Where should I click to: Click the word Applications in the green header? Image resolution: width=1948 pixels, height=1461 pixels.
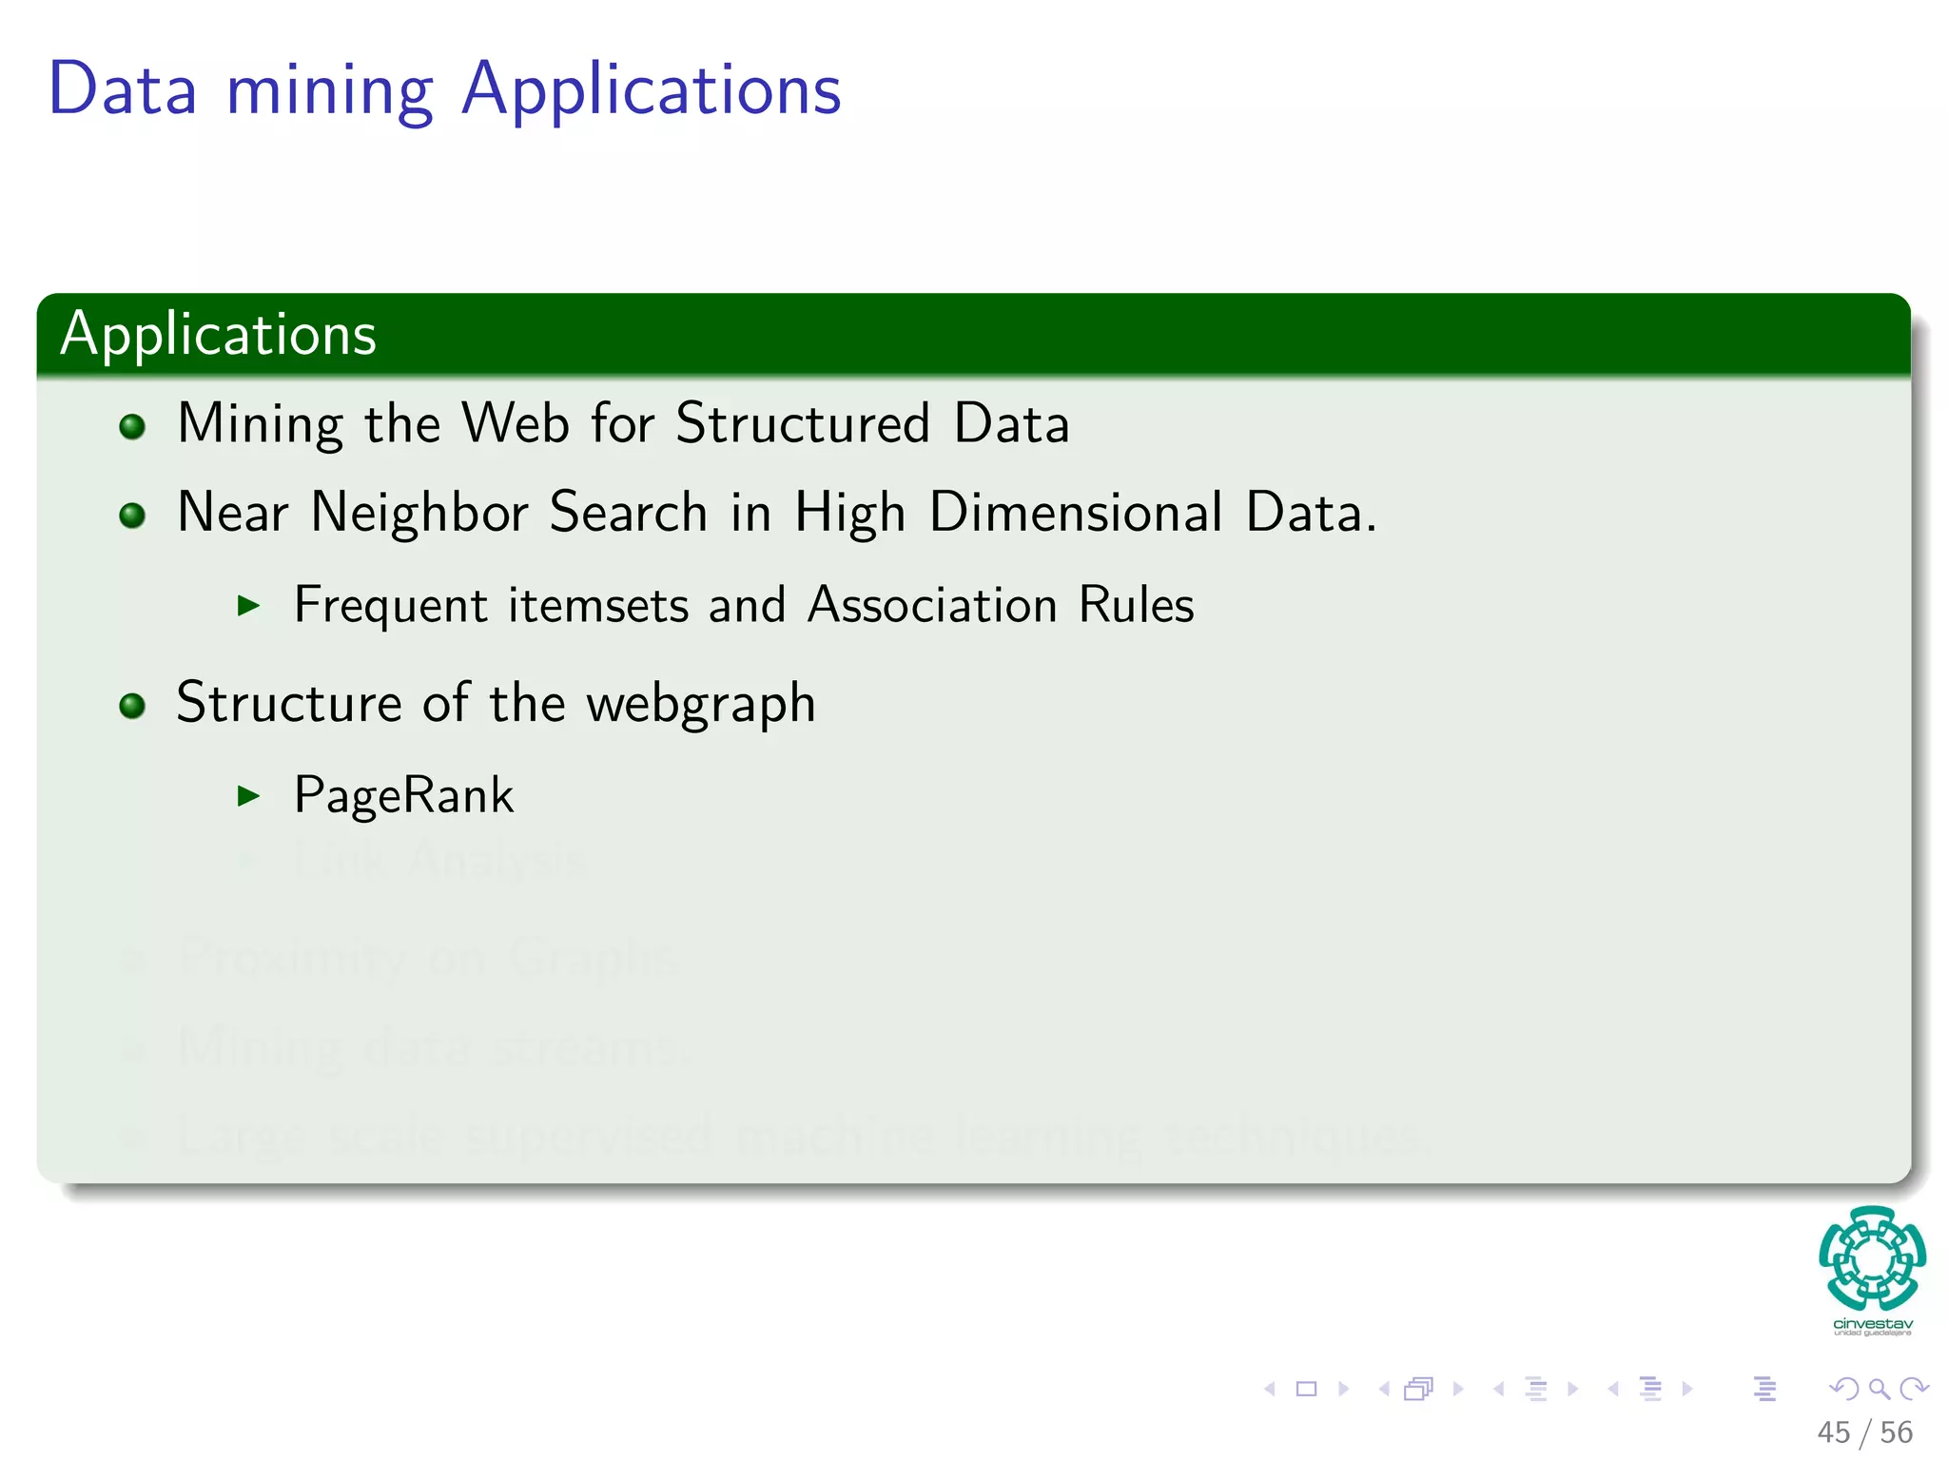click(219, 335)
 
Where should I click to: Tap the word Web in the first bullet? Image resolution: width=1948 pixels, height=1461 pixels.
click(516, 423)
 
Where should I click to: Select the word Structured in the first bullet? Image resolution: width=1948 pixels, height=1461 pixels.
click(803, 423)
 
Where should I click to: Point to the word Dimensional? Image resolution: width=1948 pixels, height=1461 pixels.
click(1076, 513)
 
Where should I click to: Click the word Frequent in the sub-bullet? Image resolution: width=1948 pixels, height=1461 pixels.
click(391, 606)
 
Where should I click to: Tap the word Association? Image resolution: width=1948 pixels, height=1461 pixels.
click(932, 605)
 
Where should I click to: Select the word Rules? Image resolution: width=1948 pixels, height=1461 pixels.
click(1136, 605)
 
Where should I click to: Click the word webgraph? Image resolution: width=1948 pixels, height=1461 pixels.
click(701, 705)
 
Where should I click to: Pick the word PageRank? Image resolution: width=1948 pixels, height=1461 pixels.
click(403, 795)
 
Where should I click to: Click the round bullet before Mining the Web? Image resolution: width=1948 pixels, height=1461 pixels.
click(132, 426)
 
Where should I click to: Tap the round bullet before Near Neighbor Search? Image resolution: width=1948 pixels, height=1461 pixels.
click(132, 516)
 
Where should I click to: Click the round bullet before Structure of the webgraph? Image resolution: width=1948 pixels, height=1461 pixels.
click(132, 706)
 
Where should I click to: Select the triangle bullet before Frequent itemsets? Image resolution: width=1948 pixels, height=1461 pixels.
click(248, 605)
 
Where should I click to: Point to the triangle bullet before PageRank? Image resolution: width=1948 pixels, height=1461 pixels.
click(248, 795)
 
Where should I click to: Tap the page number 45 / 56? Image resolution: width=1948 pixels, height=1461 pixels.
click(1864, 1432)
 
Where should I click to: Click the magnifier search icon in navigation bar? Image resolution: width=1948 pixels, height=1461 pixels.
click(1879, 1389)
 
